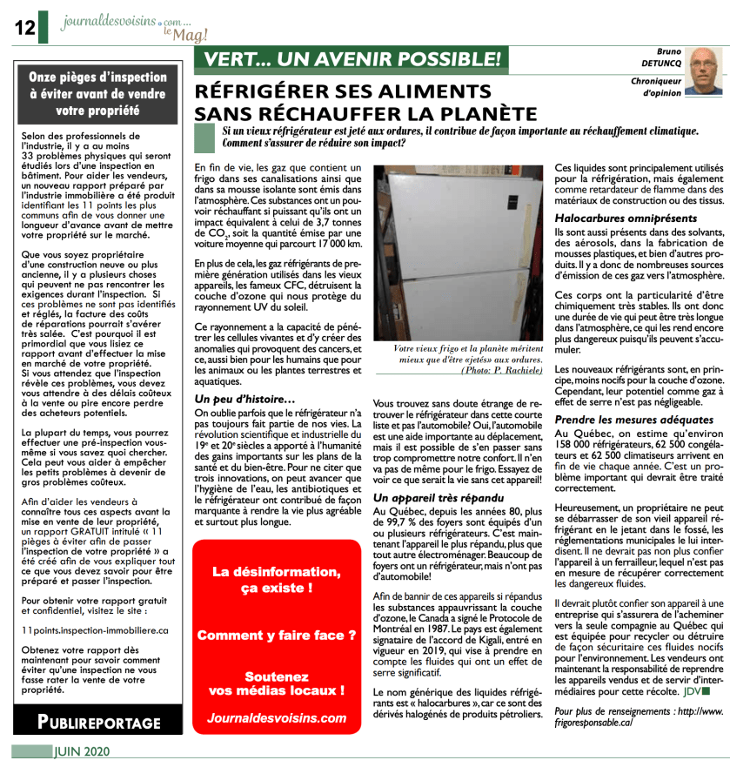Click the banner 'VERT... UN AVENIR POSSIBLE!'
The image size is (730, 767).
pyautogui.click(x=352, y=60)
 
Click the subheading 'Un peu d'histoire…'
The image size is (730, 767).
pyautogui.click(x=238, y=398)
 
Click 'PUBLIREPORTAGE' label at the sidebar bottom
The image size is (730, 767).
pyautogui.click(x=98, y=722)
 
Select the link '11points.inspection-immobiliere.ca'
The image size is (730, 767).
pyautogui.click(x=94, y=629)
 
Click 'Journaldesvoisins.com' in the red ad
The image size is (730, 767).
pyautogui.click(x=277, y=718)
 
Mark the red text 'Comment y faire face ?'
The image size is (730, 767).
pyautogui.click(x=277, y=636)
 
